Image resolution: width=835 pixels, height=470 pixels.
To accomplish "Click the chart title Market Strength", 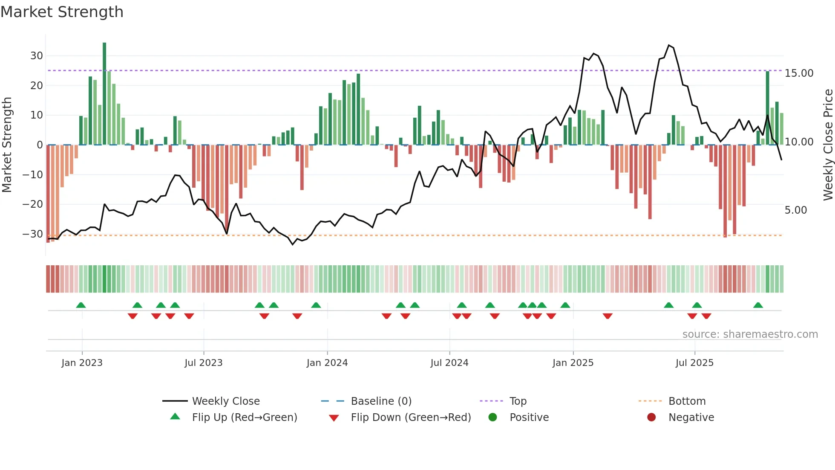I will click(x=62, y=12).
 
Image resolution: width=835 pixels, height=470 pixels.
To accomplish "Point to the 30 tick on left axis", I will click(x=37, y=56).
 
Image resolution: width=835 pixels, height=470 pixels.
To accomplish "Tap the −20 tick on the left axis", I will click(x=33, y=204).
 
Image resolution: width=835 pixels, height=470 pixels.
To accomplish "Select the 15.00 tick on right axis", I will click(x=799, y=73).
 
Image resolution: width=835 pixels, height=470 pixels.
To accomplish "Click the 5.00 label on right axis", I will click(x=795, y=210).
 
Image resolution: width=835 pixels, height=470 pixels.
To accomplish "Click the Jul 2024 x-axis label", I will click(x=449, y=363).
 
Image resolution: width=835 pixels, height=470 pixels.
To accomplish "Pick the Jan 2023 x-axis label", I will click(x=82, y=363).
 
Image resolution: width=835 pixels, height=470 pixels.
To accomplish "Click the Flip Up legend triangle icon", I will click(x=175, y=417).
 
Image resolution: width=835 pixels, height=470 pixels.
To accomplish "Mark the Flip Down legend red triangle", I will click(x=334, y=418).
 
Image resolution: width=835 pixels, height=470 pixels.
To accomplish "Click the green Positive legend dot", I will click(x=492, y=417).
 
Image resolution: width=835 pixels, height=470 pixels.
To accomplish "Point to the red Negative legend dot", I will click(x=651, y=417).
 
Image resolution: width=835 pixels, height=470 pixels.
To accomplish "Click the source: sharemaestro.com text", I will click(x=750, y=334).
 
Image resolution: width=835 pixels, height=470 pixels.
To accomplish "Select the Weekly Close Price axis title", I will click(x=828, y=145).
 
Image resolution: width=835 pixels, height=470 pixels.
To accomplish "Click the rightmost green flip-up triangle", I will click(x=758, y=305).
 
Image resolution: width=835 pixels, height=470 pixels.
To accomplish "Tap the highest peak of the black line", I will click(x=669, y=45).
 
